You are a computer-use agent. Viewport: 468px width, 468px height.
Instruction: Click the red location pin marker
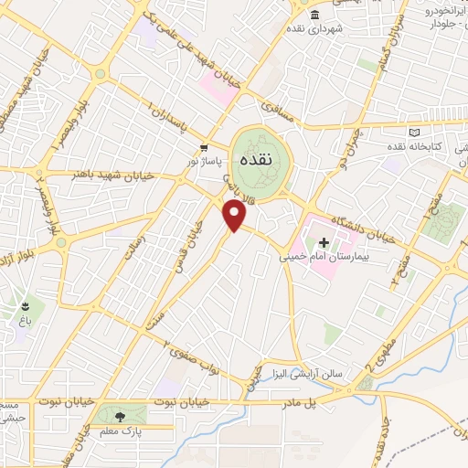235,215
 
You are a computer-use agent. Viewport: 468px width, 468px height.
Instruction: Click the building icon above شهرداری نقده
314,15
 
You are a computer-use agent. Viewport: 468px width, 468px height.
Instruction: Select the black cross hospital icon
323,242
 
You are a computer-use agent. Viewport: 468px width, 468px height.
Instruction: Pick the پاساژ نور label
205,160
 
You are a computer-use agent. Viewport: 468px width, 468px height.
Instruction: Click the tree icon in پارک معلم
122,415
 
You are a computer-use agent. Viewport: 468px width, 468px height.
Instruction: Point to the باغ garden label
24,320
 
